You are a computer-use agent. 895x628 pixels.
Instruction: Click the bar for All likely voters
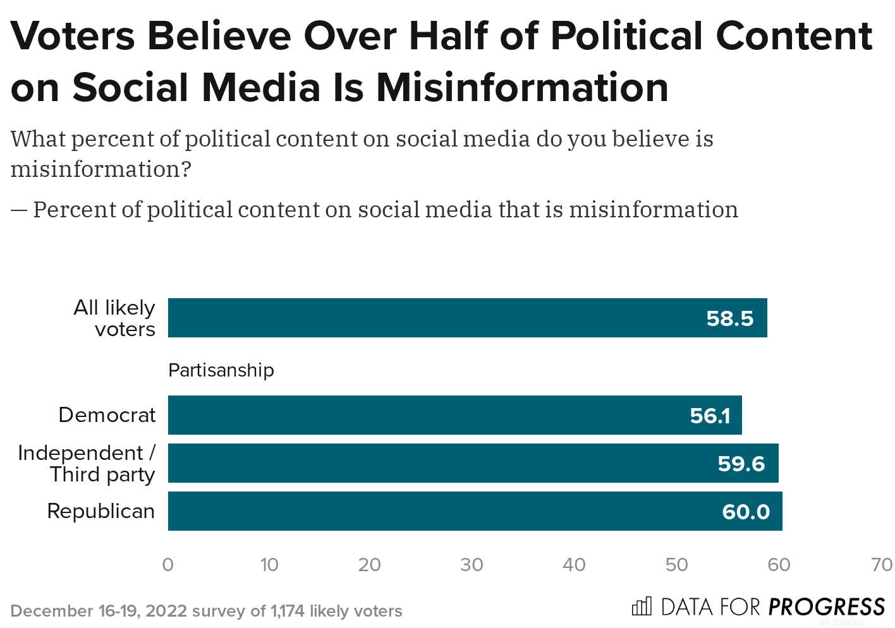[x=467, y=318]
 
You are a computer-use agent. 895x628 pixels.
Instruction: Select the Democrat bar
[x=454, y=415]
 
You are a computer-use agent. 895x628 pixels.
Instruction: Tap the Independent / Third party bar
[x=473, y=463]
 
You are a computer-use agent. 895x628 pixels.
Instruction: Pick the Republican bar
[x=475, y=511]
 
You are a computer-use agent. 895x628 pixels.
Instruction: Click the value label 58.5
[x=729, y=318]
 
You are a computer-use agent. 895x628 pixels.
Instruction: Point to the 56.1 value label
[x=710, y=416]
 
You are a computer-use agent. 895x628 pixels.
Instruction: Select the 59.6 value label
[x=741, y=464]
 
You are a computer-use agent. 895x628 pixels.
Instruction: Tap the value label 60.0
[x=746, y=512]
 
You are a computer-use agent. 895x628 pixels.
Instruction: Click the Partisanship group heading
[x=221, y=370]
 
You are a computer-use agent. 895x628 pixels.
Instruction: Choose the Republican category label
[x=101, y=511]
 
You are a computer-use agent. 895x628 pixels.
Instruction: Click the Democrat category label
[x=107, y=415]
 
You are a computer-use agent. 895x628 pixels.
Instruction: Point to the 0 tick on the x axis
[x=168, y=565]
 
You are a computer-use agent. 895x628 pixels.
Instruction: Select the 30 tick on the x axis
[x=472, y=565]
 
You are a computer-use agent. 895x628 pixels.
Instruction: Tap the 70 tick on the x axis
[x=881, y=565]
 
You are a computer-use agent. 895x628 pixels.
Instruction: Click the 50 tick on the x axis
[x=676, y=565]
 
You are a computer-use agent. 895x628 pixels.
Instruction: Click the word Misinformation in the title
[x=522, y=87]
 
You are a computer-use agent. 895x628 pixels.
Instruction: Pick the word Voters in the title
[x=73, y=36]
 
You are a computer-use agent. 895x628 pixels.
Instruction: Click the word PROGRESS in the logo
[x=826, y=607]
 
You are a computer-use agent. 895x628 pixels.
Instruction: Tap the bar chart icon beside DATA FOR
[x=641, y=607]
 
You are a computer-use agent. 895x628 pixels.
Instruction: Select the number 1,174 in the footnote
[x=287, y=611]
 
